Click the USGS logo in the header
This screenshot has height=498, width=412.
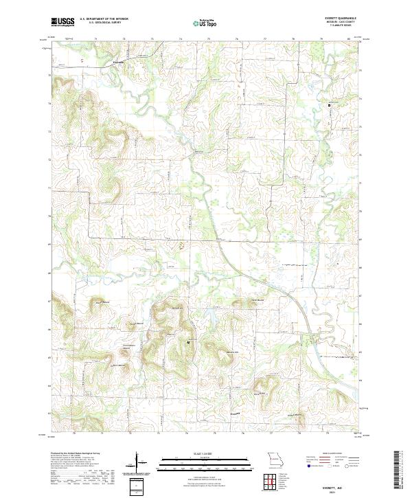(x=62, y=23)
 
